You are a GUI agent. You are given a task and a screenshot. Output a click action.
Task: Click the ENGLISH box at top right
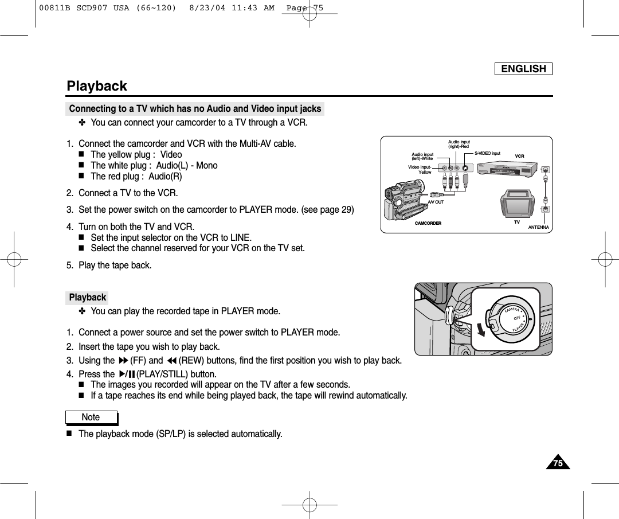pyautogui.click(x=523, y=69)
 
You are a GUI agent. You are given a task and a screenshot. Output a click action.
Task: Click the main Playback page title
pyautogui.click(x=97, y=86)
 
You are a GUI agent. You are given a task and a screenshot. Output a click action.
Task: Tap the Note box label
pyautogui.click(x=91, y=417)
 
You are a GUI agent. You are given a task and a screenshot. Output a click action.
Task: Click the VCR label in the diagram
pyautogui.click(x=519, y=156)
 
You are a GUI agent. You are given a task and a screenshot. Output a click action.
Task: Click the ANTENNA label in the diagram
pyautogui.click(x=538, y=228)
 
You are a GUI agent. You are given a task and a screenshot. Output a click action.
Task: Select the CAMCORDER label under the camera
pyautogui.click(x=428, y=223)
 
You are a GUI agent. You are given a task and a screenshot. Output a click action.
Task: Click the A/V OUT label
pyautogui.click(x=436, y=202)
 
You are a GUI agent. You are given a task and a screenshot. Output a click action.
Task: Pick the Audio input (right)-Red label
pyautogui.click(x=459, y=144)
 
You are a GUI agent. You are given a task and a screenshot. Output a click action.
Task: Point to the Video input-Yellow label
pyautogui.click(x=420, y=169)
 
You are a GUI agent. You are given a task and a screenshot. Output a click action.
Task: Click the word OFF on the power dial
pyautogui.click(x=516, y=318)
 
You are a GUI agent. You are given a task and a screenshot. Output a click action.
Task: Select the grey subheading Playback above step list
pyautogui.click(x=87, y=298)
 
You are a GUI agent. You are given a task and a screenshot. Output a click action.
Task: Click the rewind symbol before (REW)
pyautogui.click(x=171, y=361)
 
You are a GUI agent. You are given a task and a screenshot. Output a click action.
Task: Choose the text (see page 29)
pyautogui.click(x=327, y=210)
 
